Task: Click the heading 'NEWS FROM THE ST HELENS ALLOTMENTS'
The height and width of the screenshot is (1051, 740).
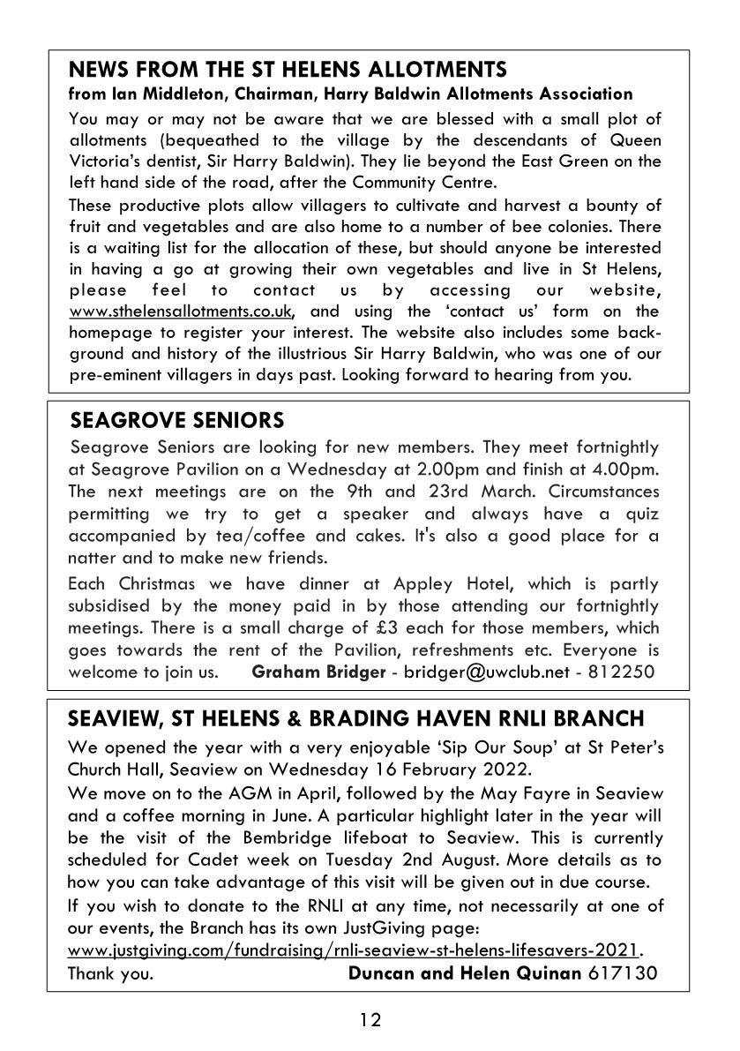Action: pyautogui.click(x=288, y=70)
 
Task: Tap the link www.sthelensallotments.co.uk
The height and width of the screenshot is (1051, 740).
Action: pyautogui.click(x=181, y=312)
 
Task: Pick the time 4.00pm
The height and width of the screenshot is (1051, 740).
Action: pyautogui.click(x=628, y=469)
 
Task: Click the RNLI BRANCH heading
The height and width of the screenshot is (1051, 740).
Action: pyautogui.click(x=356, y=718)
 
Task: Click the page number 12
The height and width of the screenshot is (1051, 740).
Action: pyautogui.click(x=370, y=1020)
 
